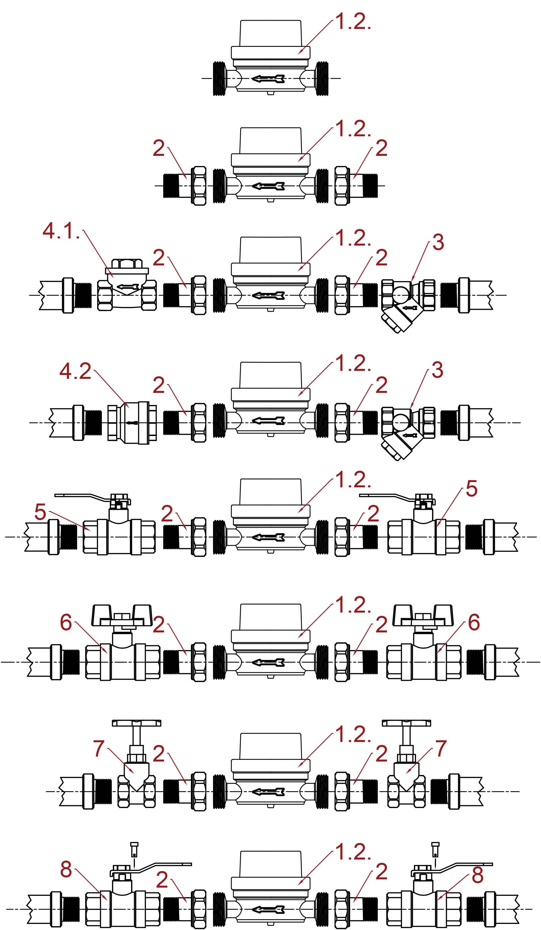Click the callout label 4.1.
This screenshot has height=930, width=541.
(x=61, y=231)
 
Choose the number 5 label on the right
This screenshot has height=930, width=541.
(x=471, y=488)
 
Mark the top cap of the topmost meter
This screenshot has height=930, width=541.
(x=270, y=33)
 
